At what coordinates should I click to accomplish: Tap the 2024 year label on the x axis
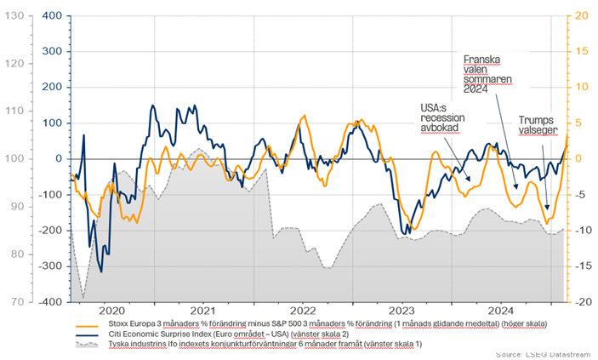(501, 311)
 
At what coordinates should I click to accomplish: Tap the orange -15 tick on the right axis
(584, 266)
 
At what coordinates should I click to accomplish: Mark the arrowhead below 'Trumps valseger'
(547, 208)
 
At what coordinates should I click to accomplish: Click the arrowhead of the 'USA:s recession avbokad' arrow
(469, 179)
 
